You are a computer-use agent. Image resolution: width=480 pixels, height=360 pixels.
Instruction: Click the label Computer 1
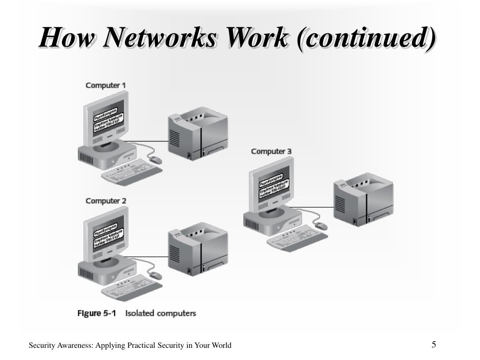(x=105, y=85)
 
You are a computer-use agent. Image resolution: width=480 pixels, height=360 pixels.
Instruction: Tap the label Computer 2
(x=105, y=201)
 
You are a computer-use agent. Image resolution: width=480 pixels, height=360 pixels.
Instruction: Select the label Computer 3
(x=271, y=151)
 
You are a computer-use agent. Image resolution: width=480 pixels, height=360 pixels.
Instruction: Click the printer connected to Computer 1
(x=197, y=134)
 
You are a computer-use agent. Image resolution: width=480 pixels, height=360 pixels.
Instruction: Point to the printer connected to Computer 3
(x=363, y=200)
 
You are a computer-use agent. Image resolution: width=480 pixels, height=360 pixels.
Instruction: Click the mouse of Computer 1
(x=156, y=160)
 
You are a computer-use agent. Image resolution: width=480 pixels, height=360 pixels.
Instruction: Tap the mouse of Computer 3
(x=321, y=226)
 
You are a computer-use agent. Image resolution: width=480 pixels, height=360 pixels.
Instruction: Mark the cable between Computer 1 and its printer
(x=152, y=141)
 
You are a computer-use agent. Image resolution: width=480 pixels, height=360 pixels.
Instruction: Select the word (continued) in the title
(x=366, y=38)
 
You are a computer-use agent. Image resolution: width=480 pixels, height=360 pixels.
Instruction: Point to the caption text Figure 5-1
(x=97, y=313)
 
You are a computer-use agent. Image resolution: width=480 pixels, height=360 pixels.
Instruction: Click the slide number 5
(x=434, y=345)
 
